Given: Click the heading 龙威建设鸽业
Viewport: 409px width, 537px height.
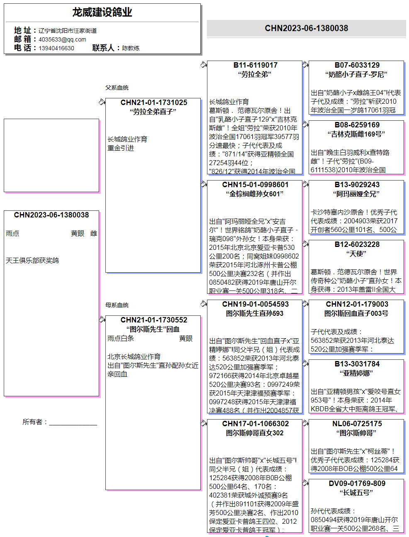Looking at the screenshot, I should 102,12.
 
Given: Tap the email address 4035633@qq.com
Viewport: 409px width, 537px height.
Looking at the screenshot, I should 62,39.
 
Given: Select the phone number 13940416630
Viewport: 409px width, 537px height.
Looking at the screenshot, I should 56,48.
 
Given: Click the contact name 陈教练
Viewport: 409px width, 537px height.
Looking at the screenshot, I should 131,48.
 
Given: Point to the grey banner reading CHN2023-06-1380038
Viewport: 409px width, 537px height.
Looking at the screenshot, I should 306,28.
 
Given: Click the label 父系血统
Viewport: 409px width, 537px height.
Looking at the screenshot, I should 117,88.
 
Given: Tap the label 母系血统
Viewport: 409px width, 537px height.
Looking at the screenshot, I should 117,305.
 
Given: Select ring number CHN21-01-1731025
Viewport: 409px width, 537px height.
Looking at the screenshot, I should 153,103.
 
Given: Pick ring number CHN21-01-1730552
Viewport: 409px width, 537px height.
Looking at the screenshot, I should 153,320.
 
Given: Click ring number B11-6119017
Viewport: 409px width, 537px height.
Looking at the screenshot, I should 255,65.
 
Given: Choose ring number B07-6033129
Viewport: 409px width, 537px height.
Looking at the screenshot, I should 357,65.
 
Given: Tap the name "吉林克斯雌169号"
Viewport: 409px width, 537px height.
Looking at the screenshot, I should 356,134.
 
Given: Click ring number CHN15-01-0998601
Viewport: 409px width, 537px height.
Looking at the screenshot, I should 255,185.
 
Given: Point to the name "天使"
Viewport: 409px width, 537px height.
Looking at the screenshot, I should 356,254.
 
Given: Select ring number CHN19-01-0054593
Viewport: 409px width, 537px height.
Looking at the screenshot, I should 255,304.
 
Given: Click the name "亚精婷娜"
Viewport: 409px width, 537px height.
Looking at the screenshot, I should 356,373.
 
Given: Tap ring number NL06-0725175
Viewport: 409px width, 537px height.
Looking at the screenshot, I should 357,424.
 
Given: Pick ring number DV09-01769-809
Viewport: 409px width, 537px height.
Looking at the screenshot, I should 357,483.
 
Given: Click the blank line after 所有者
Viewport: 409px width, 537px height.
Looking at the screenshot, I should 73,422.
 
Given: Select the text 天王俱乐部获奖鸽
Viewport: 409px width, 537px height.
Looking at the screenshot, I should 32,261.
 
